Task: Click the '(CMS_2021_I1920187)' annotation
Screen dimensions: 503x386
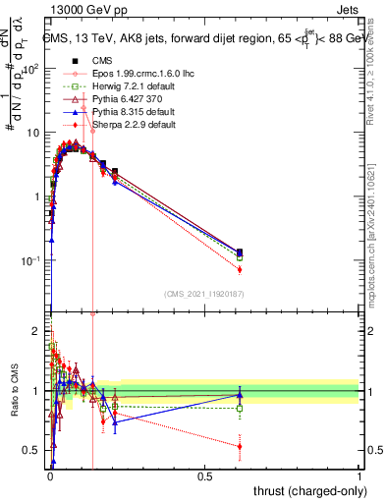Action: point(205,294)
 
